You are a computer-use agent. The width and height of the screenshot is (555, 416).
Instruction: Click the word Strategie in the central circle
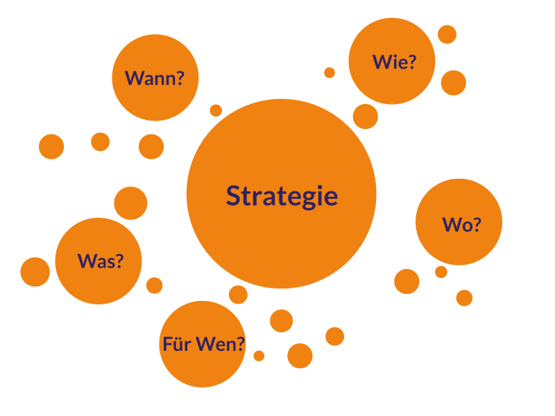(282, 196)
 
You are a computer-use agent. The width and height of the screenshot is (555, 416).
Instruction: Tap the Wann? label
(155, 78)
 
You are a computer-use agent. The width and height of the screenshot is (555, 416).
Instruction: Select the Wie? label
(394, 62)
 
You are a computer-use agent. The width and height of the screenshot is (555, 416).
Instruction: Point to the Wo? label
(461, 224)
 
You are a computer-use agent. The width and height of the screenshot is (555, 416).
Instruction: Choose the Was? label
(101, 261)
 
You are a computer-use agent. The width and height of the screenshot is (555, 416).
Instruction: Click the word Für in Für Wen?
(177, 343)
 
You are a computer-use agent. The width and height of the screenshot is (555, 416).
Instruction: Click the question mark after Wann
(180, 78)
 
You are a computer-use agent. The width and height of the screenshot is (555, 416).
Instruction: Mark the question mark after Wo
(477, 224)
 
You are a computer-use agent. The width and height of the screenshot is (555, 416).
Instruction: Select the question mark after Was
(119, 261)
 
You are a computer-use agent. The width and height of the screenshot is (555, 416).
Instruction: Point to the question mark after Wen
(241, 343)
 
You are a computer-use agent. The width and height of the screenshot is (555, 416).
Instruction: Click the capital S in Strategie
(234, 196)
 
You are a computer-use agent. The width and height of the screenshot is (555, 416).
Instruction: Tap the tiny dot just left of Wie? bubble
(330, 72)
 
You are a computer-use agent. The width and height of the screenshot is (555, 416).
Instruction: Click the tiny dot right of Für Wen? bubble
(259, 356)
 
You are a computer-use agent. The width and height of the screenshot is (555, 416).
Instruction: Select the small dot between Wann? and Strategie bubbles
(216, 110)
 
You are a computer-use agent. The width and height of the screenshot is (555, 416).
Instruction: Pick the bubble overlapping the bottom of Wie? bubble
(366, 116)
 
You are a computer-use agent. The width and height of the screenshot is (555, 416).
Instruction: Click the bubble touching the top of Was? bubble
(130, 203)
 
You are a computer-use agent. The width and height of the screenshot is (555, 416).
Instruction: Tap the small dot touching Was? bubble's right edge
(155, 286)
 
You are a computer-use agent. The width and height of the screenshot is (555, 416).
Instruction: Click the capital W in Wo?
(452, 224)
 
